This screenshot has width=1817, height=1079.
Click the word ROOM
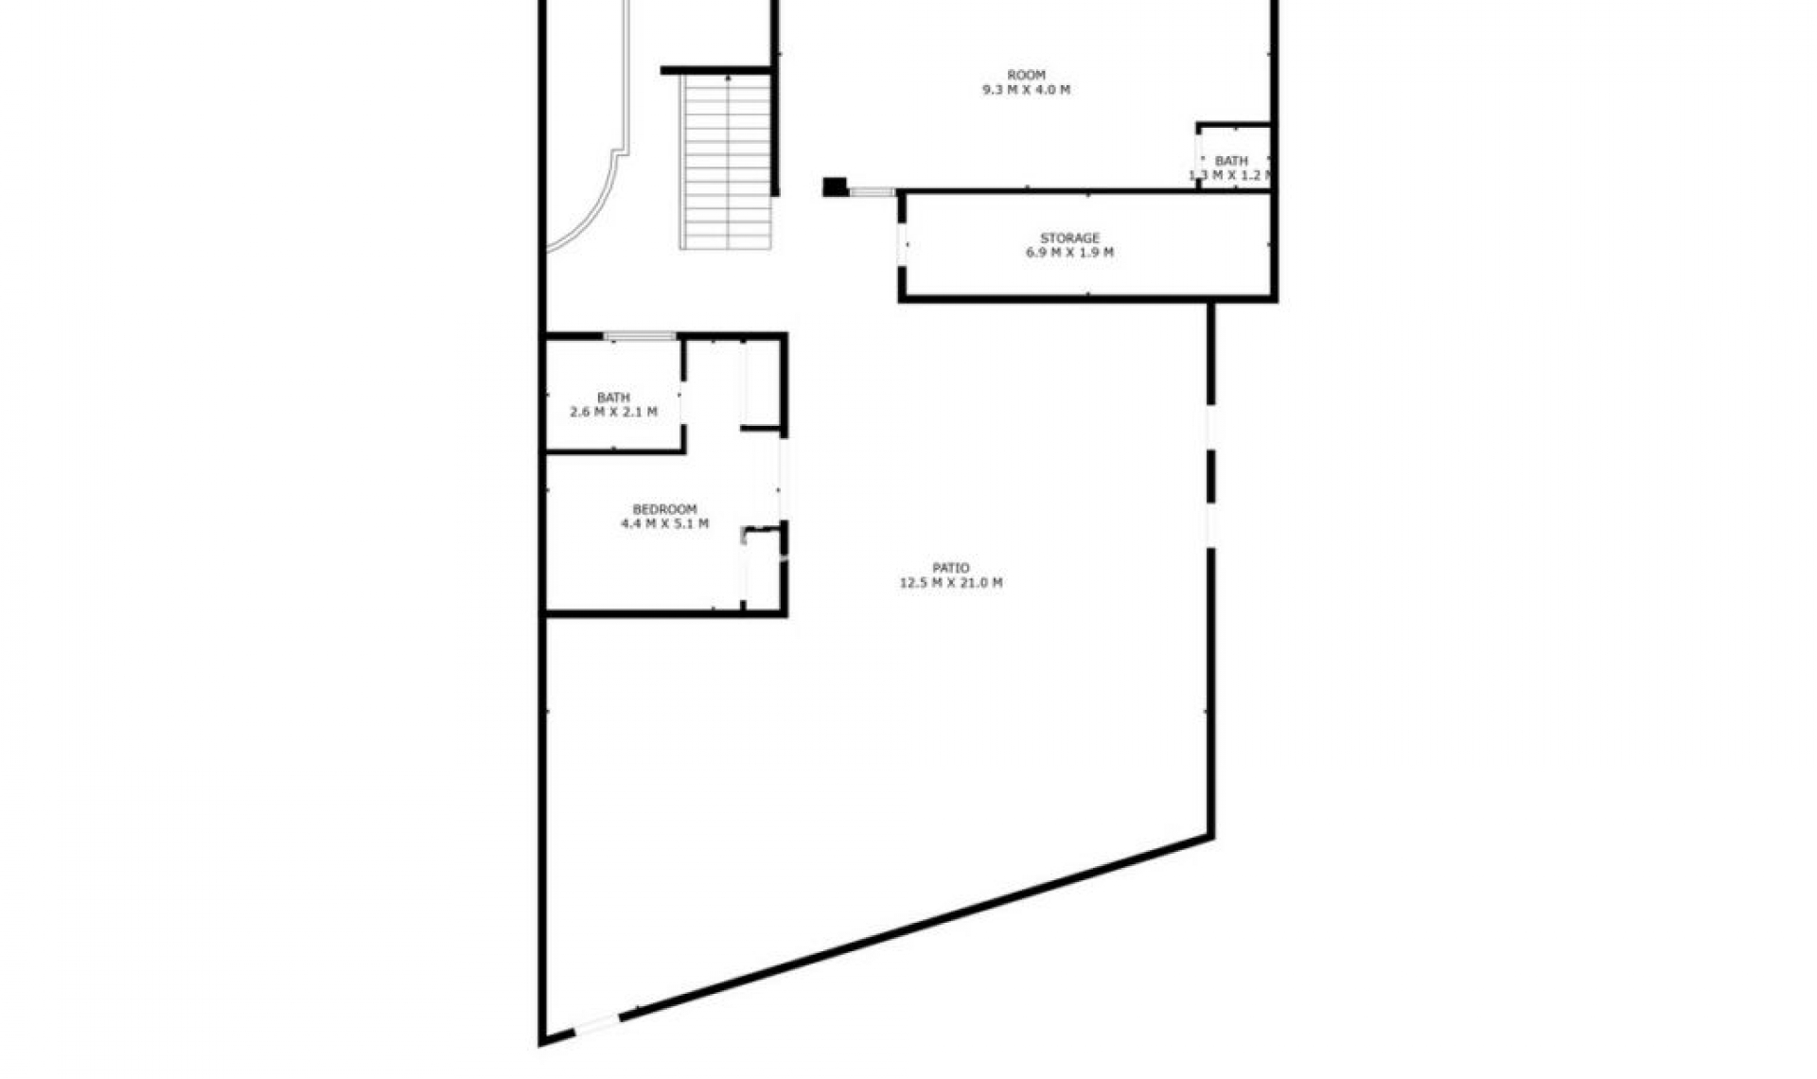[x=1026, y=75]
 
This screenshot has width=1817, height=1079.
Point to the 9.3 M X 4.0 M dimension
[x=1026, y=90]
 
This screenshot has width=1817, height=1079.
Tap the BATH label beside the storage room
[x=1230, y=161]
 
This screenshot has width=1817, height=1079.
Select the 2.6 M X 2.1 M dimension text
[x=613, y=412]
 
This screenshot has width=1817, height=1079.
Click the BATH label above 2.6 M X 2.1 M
[x=613, y=398]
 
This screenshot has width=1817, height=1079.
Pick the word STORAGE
[x=1069, y=238]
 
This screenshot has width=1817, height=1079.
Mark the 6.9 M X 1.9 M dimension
[x=1069, y=253]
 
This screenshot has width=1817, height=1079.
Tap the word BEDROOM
[x=664, y=509]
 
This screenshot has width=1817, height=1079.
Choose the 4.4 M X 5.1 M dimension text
[x=664, y=523]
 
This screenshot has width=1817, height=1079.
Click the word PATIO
[x=950, y=568]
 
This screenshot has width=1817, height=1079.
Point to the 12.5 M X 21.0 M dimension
[x=950, y=583]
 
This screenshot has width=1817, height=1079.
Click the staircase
[x=726, y=161]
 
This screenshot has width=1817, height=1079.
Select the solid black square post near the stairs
[x=834, y=186]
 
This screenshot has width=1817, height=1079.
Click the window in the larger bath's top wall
[x=640, y=335]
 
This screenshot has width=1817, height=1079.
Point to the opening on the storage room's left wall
[x=903, y=244]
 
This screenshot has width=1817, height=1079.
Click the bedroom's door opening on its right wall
[x=783, y=478]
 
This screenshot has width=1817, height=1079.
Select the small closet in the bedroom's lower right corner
[x=763, y=568]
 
